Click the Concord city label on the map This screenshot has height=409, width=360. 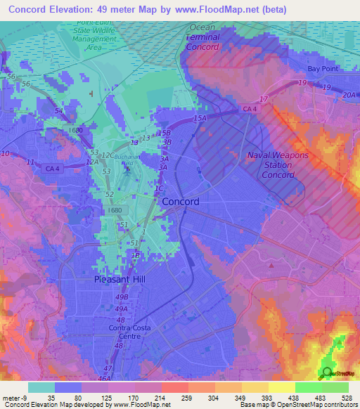(181, 201)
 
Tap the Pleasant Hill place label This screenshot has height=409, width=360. (119, 279)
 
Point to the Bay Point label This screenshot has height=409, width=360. (323, 69)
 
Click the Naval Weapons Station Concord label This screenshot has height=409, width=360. (277, 164)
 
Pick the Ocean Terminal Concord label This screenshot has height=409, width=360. (204, 37)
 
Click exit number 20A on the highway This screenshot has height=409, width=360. (349, 95)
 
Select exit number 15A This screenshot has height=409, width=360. (201, 119)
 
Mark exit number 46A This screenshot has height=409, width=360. (104, 378)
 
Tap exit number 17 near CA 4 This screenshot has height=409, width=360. (264, 98)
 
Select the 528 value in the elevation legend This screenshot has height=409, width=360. (347, 398)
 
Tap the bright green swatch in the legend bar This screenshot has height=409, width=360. (308, 387)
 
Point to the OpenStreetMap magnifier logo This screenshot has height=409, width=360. (326, 374)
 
